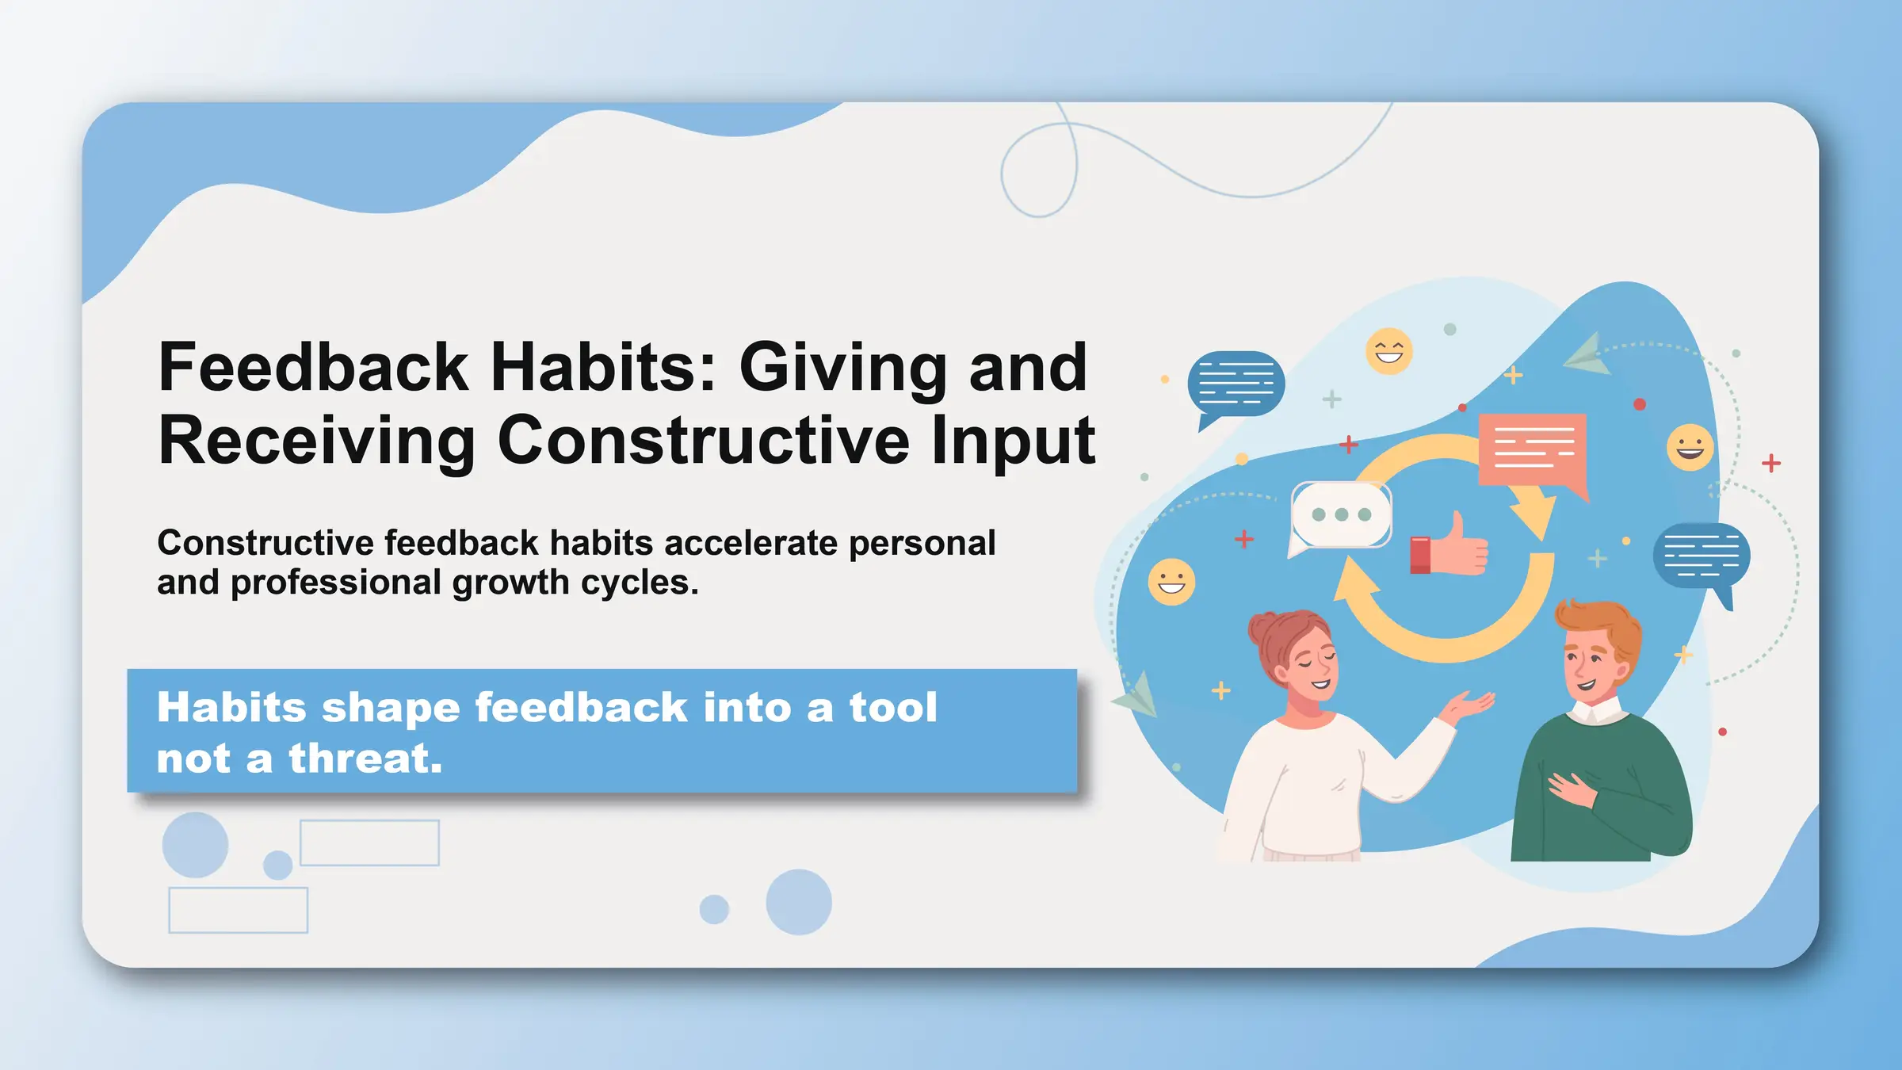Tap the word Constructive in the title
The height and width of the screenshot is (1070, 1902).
[703, 441]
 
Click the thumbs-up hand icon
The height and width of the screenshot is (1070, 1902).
[1450, 547]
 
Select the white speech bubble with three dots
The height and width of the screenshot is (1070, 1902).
[1340, 515]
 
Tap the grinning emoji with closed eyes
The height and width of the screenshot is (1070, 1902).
[1388, 351]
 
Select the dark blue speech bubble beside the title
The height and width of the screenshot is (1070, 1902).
[1236, 384]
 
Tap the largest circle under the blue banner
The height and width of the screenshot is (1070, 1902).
[798, 902]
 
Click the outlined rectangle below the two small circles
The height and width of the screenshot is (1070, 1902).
[238, 910]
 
